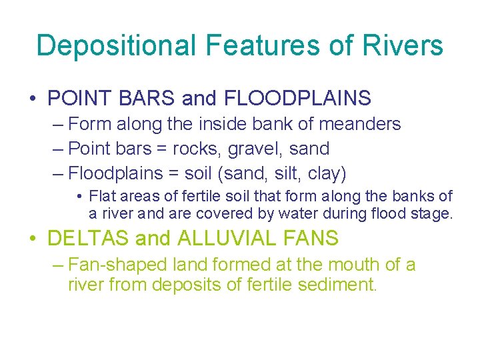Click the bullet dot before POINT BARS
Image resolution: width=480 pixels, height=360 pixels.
click(33, 99)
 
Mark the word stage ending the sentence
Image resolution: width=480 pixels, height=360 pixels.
click(434, 213)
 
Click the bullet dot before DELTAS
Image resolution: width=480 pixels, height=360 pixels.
click(33, 239)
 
